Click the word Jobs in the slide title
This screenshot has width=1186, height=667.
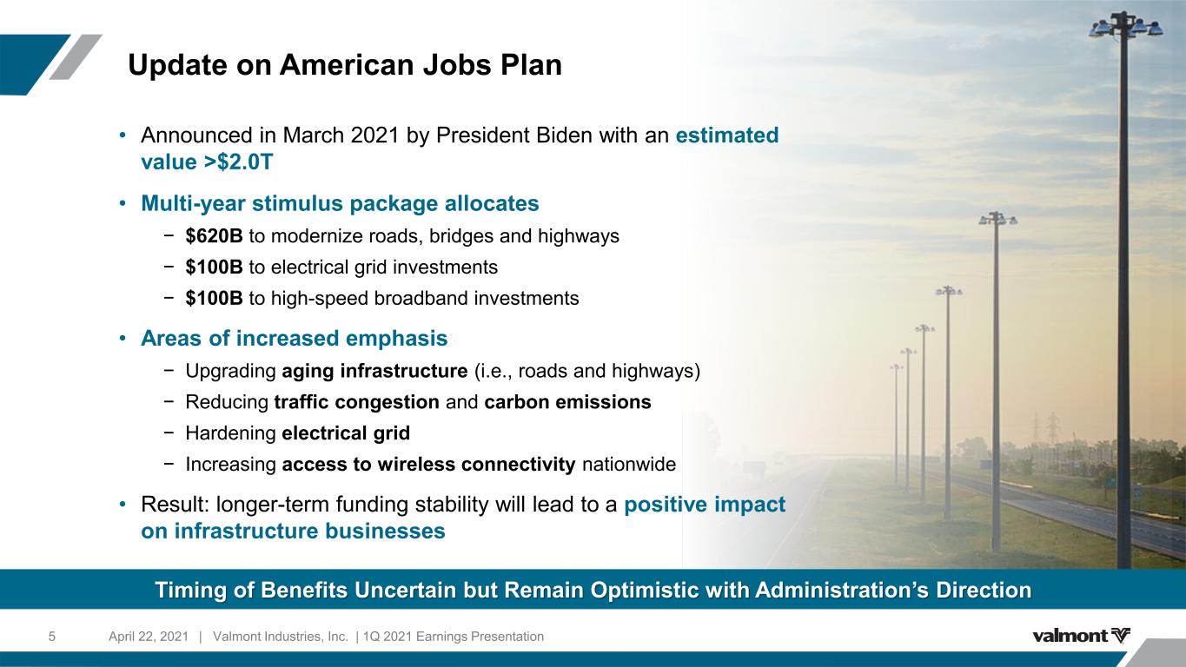[452, 65]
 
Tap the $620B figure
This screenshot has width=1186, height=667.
[214, 236]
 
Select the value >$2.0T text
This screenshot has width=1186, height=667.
[207, 162]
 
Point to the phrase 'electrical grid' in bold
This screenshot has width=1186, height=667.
[346, 433]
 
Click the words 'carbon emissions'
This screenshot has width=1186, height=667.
[567, 402]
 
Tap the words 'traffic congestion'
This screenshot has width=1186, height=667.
[356, 402]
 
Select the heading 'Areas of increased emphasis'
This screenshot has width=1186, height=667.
[295, 338]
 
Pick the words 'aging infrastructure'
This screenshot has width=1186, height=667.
[374, 371]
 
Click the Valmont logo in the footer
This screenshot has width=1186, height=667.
[1081, 635]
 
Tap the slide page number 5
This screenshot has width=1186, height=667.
[52, 637]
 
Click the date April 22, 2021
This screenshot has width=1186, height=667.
[149, 637]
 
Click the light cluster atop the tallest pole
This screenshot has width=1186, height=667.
[1126, 25]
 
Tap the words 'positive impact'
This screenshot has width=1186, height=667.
[705, 505]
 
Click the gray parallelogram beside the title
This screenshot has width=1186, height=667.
[76, 57]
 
